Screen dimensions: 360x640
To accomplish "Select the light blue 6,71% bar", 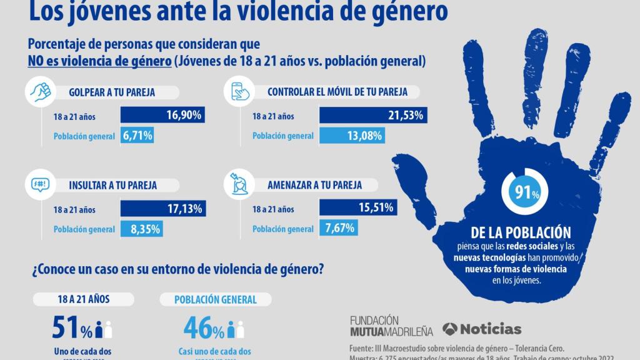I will (136, 136).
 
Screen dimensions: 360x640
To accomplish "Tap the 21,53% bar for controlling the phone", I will (373, 116).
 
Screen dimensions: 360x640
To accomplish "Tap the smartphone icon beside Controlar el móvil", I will (240, 92).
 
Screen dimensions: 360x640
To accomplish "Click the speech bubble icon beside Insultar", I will (39, 186).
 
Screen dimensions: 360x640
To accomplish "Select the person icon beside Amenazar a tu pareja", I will (240, 185).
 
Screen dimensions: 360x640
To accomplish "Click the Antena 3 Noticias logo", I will (481, 329).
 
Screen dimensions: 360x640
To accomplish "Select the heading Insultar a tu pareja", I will (113, 186).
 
